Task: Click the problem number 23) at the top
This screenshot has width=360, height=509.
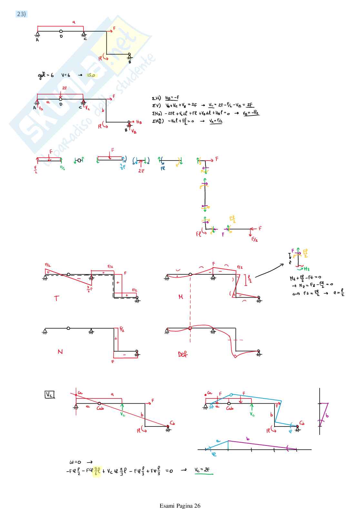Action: (21, 14)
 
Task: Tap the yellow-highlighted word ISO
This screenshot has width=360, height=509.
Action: (91, 75)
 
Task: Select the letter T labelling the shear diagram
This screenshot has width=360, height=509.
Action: (57, 298)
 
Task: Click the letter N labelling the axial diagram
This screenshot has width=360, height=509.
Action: (60, 352)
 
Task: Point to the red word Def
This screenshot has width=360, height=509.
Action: (183, 354)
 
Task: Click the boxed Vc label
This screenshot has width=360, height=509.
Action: (49, 395)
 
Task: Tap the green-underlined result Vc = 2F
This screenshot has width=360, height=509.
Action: (202, 470)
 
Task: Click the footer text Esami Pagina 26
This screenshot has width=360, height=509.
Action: (180, 505)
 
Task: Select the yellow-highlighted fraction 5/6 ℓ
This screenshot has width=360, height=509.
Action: (97, 471)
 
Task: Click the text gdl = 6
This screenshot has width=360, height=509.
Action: (46, 75)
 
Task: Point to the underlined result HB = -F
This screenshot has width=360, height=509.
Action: (172, 98)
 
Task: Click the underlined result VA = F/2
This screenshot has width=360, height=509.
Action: (216, 121)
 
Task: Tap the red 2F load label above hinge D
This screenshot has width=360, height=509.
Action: (65, 88)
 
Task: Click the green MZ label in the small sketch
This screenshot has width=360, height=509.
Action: (306, 269)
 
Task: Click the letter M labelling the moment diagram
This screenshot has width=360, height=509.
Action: (181, 297)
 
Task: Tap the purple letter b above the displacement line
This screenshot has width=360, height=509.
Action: (248, 439)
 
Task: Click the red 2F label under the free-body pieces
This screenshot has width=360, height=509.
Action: (141, 171)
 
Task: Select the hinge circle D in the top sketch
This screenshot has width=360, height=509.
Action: (61, 31)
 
